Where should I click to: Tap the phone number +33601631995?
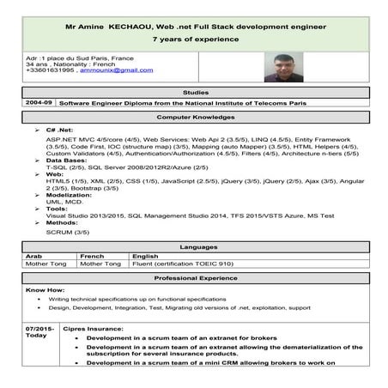tap(51, 71)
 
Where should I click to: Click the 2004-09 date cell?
tap(39, 101)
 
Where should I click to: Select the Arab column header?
tap(34, 256)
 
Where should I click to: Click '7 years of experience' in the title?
tap(195, 39)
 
